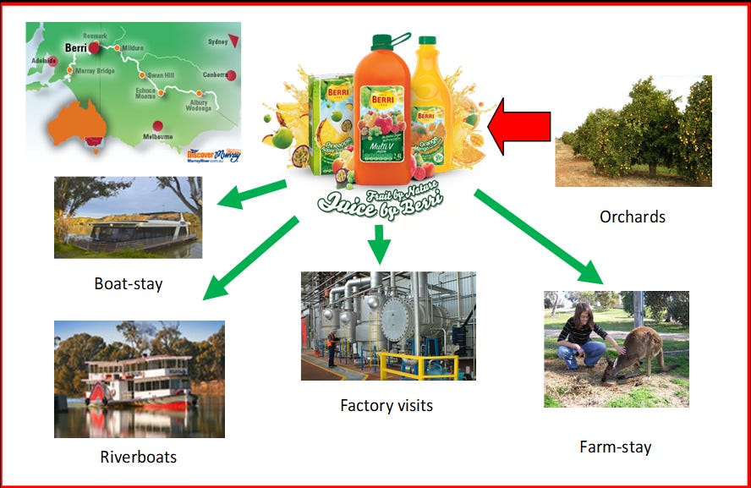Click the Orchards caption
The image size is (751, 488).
(x=633, y=217)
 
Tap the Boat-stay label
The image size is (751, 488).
(x=129, y=283)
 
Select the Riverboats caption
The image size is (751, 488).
(x=139, y=458)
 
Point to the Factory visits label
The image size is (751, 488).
(x=386, y=406)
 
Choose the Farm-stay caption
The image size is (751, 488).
(x=616, y=447)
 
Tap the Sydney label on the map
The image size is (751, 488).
(x=217, y=41)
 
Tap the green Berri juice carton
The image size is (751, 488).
(x=330, y=118)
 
